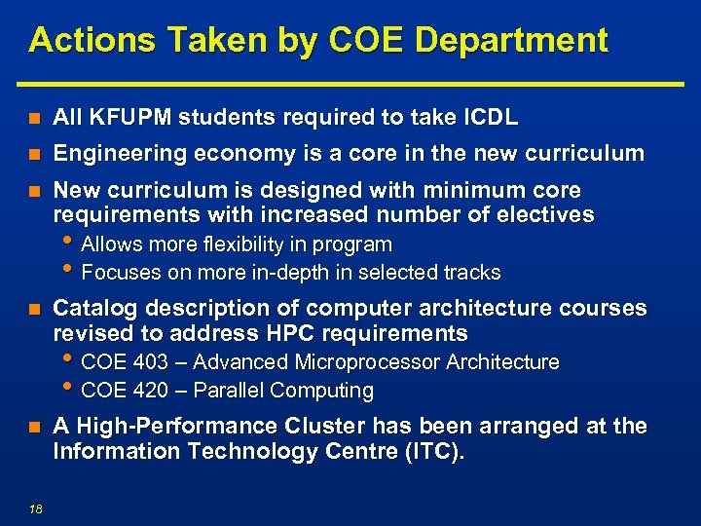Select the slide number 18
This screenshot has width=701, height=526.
(36, 505)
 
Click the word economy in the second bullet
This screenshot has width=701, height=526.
(240, 153)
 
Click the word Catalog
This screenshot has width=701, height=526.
(92, 308)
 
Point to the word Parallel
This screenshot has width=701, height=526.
(229, 392)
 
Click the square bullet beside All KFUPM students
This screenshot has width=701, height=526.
(34, 119)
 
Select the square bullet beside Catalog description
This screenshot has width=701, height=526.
(34, 309)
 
